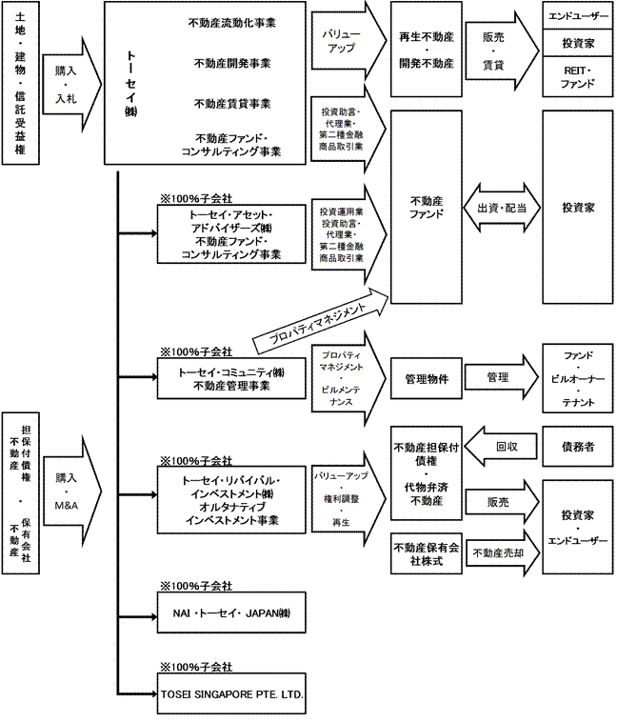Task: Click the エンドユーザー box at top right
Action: click(577, 16)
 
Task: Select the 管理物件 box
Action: click(426, 377)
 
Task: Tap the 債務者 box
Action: click(577, 445)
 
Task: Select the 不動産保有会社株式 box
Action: click(426, 554)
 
